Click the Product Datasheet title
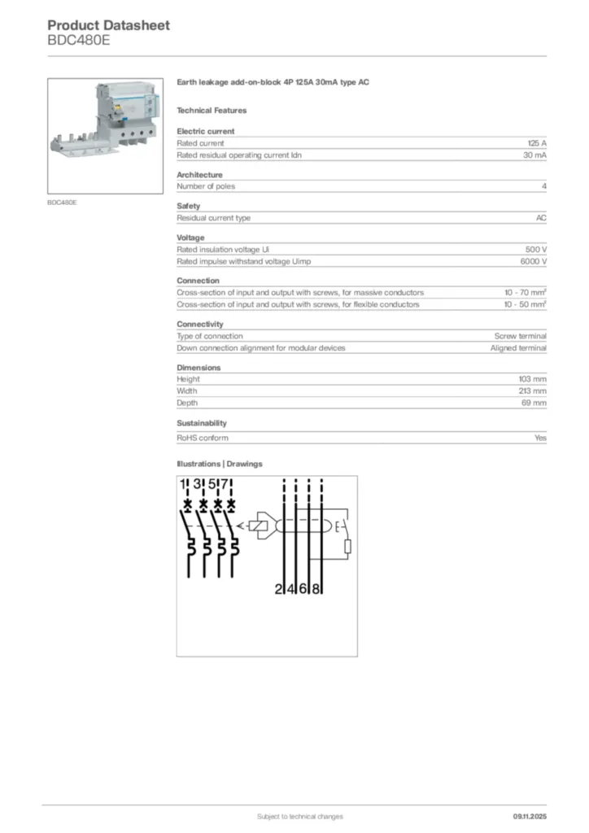tap(108, 25)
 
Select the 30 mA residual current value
tap(534, 155)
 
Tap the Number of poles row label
tap(206, 186)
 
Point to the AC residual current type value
tap(541, 218)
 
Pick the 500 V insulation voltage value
tap(536, 250)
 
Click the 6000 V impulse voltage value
tap(533, 261)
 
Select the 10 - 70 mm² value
tap(525, 293)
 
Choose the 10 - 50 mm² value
tap(525, 304)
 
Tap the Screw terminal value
tap(520, 336)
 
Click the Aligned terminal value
tap(518, 347)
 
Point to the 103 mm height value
tap(532, 379)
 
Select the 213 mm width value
tap(532, 390)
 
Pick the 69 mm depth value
tap(534, 403)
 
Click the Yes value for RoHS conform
tap(540, 438)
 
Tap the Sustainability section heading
tap(202, 423)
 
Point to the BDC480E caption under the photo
tap(62, 202)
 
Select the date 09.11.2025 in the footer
tap(530, 816)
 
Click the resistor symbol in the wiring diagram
tap(347, 545)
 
